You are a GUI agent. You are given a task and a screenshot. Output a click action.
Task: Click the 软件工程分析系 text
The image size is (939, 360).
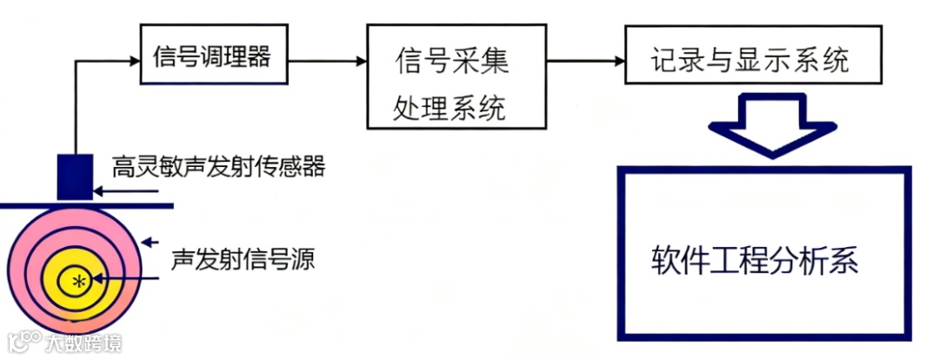coord(755,261)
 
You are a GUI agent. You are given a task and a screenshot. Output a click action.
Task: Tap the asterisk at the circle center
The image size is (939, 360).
coord(79,280)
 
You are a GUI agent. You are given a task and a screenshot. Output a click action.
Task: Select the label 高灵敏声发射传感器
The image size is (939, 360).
coord(218,165)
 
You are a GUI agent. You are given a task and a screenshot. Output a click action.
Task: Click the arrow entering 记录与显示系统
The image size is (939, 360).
coord(587,61)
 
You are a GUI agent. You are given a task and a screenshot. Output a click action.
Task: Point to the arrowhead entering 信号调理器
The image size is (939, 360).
coord(136,61)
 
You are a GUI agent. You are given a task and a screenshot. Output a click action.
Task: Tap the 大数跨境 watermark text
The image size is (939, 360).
coord(83,342)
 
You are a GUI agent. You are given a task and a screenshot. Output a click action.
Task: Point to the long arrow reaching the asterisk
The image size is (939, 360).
coord(130,279)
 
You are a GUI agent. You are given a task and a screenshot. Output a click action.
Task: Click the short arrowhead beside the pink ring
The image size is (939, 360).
coord(150,242)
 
